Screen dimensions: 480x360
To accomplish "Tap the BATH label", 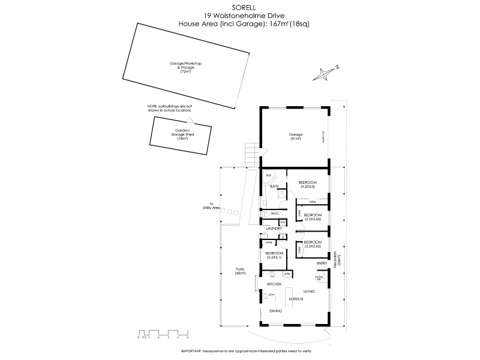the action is [274, 187].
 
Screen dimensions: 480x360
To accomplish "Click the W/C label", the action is [275, 214].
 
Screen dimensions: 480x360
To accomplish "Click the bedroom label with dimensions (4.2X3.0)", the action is [308, 184].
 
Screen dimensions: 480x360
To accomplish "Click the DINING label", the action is [275, 311].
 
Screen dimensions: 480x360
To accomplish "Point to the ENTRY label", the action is [321, 263].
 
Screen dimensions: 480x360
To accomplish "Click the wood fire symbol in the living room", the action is [320, 278].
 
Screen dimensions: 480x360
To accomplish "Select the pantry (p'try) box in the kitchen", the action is [287, 274].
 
